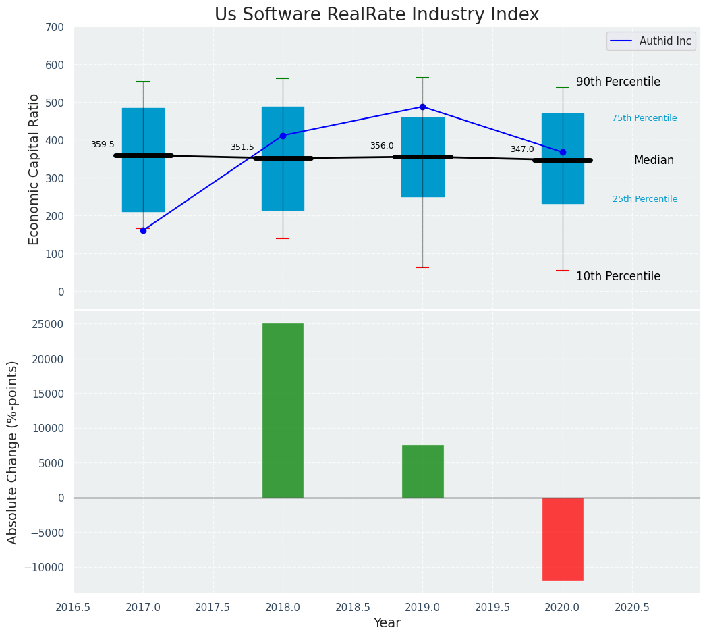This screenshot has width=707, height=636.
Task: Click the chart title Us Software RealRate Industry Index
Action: click(x=376, y=15)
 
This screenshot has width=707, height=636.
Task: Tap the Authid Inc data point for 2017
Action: click(x=143, y=230)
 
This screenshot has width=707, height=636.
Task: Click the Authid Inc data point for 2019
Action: click(x=423, y=107)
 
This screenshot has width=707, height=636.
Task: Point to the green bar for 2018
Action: click(x=283, y=410)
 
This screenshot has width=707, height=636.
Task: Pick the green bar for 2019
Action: click(x=423, y=471)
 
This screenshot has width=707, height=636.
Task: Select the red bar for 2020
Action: click(x=563, y=539)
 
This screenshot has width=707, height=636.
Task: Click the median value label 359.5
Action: click(x=103, y=144)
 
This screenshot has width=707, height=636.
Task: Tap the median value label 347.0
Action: click(x=522, y=149)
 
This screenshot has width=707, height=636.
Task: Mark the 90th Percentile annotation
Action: click(x=618, y=82)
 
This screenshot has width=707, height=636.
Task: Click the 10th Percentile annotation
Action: click(x=618, y=276)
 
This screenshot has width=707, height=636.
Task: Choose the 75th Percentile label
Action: click(x=644, y=118)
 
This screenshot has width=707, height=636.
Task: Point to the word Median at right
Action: click(x=654, y=160)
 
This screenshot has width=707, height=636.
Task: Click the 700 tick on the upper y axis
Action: click(x=55, y=28)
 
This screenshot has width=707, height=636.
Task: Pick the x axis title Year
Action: click(x=387, y=623)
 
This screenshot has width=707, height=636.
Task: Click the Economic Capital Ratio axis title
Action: click(x=34, y=169)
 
